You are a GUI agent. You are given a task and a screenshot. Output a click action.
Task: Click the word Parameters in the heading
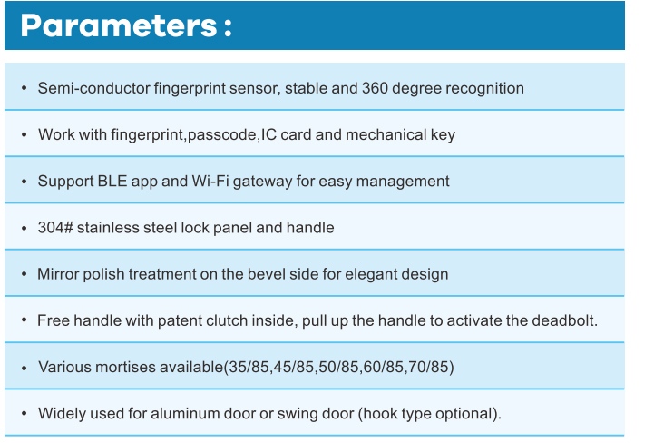(119, 26)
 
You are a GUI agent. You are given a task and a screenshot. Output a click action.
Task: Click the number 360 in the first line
(375, 88)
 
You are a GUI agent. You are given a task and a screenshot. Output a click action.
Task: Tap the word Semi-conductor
(93, 88)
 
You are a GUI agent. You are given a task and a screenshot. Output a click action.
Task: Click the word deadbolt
(565, 320)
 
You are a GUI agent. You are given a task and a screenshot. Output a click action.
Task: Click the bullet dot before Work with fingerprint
(24, 135)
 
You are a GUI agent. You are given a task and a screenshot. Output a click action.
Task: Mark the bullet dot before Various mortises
(24, 368)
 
